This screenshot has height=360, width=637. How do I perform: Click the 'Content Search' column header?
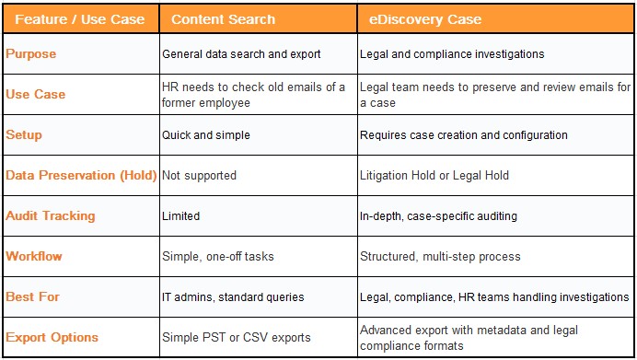click(x=223, y=19)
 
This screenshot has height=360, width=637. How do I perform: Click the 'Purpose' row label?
click(x=31, y=54)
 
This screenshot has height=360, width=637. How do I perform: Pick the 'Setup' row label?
click(x=24, y=135)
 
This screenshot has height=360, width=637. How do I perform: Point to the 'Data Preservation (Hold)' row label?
click(x=81, y=175)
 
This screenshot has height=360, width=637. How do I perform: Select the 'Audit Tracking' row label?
click(x=51, y=216)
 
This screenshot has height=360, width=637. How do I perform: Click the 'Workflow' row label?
click(x=33, y=256)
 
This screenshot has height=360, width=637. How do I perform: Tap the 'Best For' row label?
click(x=32, y=296)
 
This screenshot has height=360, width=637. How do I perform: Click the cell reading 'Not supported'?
click(x=199, y=175)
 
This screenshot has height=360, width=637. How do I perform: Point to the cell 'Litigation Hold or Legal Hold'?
click(x=434, y=175)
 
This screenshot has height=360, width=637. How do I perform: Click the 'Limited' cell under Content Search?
click(x=180, y=216)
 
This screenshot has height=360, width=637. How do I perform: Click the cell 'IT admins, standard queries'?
click(x=232, y=296)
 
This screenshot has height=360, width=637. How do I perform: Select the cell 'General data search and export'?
click(x=241, y=54)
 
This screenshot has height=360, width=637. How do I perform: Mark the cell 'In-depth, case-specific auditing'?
click(x=438, y=216)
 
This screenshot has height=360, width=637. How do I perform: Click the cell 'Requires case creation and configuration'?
click(x=464, y=135)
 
